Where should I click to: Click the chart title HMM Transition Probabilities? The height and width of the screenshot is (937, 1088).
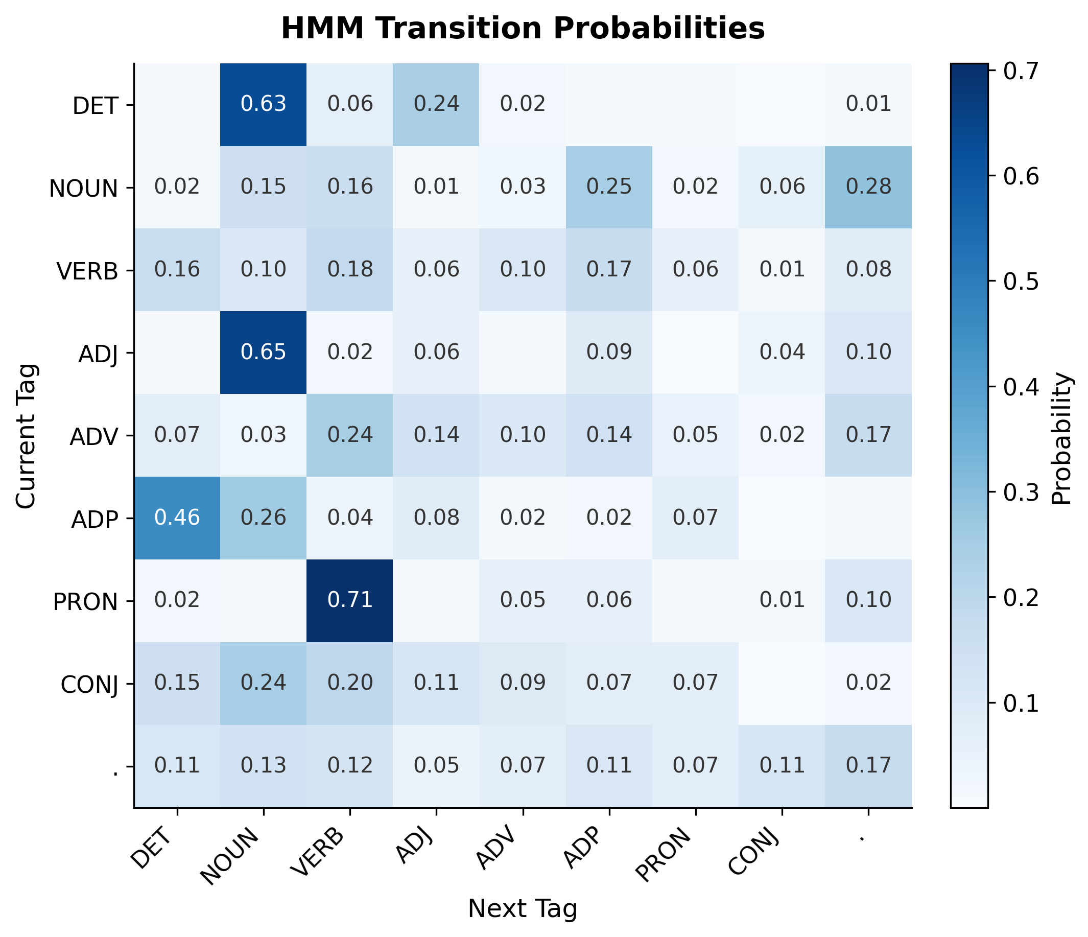point(523,29)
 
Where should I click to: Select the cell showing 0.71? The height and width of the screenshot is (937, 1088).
point(350,600)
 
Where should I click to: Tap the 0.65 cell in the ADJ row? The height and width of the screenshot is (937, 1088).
point(263,352)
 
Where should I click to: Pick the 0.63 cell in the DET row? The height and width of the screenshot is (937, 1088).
point(263,104)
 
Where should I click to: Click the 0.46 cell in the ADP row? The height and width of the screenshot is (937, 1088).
point(177,518)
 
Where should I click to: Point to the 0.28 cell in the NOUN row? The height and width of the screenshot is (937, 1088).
point(868,187)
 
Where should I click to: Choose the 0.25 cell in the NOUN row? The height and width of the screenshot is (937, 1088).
point(609,187)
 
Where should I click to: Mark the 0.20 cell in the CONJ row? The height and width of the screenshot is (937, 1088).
point(350,682)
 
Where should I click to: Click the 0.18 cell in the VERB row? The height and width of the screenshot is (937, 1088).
point(350,269)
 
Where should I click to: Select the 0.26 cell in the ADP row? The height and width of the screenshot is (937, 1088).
point(263,518)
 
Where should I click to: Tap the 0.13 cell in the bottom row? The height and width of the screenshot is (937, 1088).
point(263,765)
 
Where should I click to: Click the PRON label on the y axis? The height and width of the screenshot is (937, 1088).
point(86,601)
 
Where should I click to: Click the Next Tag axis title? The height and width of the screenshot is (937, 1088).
point(523,909)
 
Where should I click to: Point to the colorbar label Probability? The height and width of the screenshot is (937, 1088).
point(1062,438)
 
